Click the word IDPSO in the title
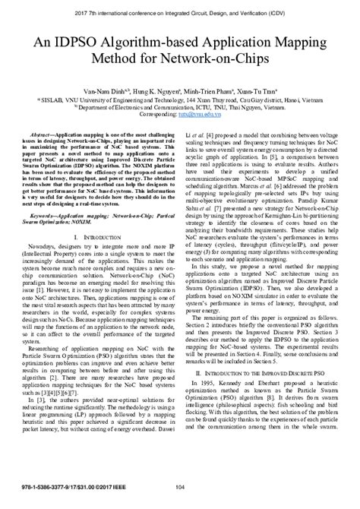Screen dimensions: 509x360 [x=90, y=35]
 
